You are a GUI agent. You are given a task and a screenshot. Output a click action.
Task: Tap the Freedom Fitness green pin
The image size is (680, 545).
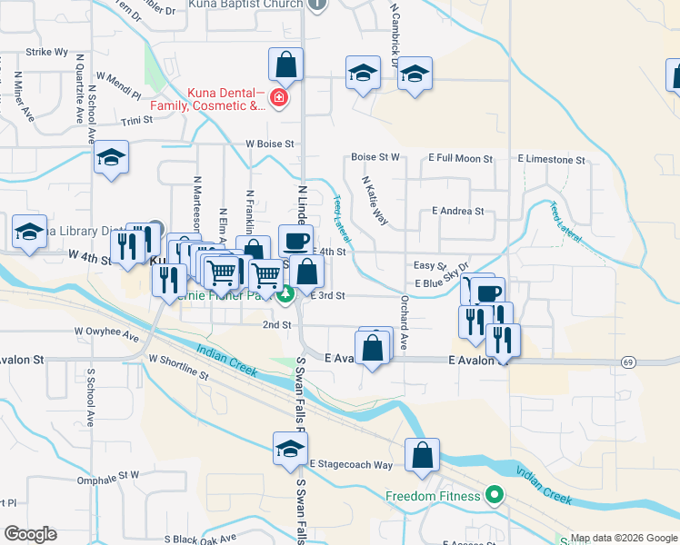pyautogui.click(x=495, y=496)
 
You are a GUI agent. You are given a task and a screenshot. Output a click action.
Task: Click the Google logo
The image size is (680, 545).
pyautogui.click(x=30, y=534)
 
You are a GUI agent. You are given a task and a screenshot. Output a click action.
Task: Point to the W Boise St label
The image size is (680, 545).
pyautogui.click(x=269, y=144)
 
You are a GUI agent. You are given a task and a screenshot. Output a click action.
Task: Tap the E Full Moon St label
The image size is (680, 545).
pyautogui.click(x=462, y=159)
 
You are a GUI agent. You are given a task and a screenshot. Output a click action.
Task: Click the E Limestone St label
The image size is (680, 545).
pyautogui.click(x=552, y=159)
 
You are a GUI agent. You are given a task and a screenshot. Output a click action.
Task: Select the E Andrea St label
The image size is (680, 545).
pyautogui.click(x=458, y=211)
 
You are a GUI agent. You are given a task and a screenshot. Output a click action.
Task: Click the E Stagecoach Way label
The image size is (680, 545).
pyautogui.click(x=350, y=464)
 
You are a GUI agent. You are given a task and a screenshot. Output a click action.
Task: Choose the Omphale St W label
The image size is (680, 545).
pyautogui.click(x=108, y=474)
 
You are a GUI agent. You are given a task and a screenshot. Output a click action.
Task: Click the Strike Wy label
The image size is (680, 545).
pyautogui.click(x=47, y=53)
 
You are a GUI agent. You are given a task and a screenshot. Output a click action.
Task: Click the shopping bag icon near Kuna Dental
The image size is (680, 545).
pyautogui.click(x=285, y=65)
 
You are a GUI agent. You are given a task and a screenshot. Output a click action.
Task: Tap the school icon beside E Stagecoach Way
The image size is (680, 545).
pyautogui.click(x=290, y=449)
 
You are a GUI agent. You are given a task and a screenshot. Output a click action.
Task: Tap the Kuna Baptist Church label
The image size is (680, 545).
pyautogui.click(x=245, y=5)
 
